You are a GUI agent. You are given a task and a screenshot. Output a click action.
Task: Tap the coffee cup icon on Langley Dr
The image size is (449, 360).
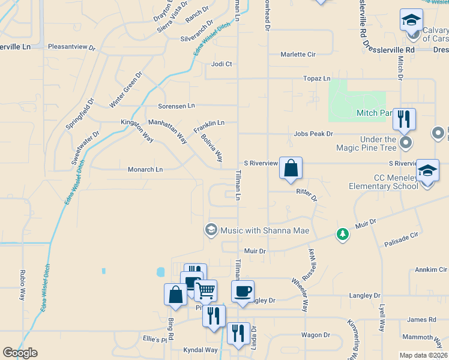(243, 292)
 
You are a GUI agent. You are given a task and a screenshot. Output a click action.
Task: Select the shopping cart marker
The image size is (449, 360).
(205, 292)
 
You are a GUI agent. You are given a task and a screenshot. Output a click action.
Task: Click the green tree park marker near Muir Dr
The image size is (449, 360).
(342, 234)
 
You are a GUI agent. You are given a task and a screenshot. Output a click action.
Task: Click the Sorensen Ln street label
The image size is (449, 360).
(176, 106)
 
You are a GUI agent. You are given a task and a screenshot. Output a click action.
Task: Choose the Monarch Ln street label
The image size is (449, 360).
(145, 170)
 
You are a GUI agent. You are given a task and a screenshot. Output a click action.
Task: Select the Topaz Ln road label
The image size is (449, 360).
(317, 79)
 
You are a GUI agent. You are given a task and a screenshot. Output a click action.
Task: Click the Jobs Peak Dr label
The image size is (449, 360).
(313, 134)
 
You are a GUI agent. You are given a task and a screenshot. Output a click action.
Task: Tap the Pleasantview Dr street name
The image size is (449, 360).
(71, 46)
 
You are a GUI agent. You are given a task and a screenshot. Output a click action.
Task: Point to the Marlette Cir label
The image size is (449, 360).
(298, 54)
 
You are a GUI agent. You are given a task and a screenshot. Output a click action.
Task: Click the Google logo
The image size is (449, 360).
(20, 353)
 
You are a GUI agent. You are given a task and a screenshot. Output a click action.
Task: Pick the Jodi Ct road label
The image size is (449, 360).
(221, 64)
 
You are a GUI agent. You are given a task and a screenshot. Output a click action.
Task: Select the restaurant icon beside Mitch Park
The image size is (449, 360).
(404, 119)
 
